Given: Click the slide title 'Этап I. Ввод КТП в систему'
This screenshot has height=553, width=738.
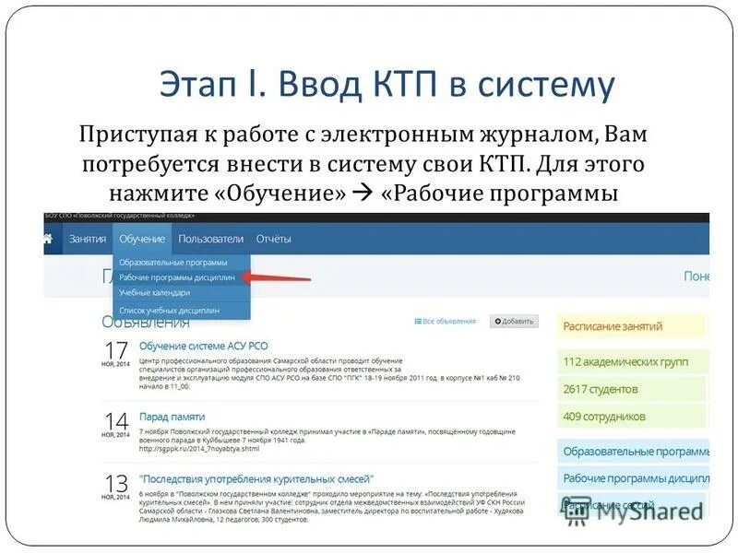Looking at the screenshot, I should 387,85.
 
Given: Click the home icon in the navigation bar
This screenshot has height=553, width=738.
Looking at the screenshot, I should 48,239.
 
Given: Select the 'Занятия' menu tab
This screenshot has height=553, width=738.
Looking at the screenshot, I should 87,239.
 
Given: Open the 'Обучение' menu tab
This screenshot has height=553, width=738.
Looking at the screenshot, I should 142,239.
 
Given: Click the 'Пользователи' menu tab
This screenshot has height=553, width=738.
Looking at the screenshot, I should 210,239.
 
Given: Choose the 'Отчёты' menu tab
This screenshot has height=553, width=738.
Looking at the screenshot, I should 273,239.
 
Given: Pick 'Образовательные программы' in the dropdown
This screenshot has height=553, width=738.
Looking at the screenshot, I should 173,262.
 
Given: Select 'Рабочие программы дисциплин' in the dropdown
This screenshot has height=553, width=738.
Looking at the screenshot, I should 176,276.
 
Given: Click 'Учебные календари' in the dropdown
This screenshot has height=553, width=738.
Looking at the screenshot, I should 154,292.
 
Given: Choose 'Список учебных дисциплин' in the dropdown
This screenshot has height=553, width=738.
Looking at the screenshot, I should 169,311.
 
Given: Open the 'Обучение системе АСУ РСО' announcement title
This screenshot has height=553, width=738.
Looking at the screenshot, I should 203,346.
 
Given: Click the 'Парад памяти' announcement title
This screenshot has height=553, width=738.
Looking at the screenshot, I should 172,417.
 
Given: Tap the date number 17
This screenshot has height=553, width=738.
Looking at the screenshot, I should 116,350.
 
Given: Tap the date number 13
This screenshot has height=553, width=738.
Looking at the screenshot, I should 116,483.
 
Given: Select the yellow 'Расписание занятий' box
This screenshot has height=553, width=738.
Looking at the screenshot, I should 630,326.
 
